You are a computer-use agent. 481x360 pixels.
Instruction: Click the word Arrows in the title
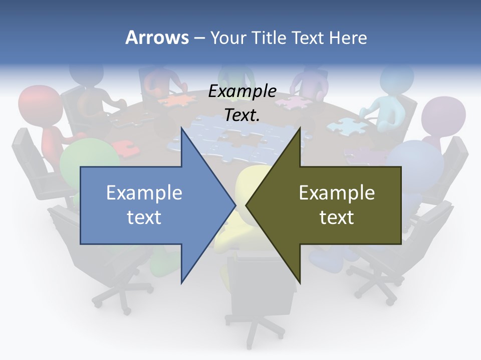point(157,37)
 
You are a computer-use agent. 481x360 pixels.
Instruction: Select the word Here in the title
point(348,37)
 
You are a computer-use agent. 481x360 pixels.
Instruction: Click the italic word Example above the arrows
point(242,91)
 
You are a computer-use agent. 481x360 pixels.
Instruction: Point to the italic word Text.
point(242,115)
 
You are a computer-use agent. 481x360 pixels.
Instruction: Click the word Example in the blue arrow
point(144,192)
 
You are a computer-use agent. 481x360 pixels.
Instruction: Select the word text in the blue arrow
point(144,217)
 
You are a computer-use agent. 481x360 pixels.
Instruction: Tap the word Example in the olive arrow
point(337,192)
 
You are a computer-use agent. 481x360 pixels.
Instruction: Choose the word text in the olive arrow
point(337,217)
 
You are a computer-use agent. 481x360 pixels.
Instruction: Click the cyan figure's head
point(397,80)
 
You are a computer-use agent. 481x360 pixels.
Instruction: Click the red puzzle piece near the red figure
point(122,148)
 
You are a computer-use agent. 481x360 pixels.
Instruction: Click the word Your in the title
point(227,37)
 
